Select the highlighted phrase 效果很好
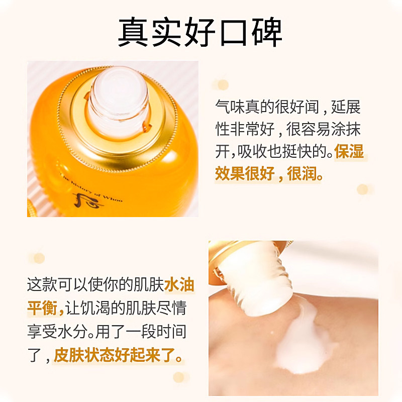(x=245, y=174)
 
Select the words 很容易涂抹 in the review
(x=323, y=130)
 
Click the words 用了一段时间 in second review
(x=141, y=332)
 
